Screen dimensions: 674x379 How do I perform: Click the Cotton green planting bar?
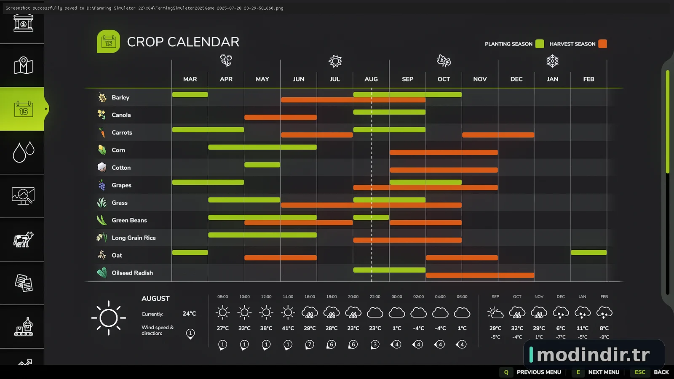[262, 165]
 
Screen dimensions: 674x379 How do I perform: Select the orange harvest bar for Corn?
[444, 152]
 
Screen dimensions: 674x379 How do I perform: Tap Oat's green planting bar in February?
[588, 253]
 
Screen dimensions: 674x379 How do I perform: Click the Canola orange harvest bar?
[281, 117]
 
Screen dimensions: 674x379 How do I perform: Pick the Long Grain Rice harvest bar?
[407, 240]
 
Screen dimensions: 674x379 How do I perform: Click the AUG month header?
[371, 79]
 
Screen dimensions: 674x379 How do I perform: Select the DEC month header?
[516, 79]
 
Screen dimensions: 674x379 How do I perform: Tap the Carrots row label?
[122, 133]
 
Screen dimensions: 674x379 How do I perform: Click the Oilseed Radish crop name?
[132, 273]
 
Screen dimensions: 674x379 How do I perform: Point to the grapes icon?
[102, 185]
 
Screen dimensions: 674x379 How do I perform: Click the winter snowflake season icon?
[552, 61]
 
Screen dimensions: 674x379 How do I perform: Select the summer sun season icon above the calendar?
[335, 61]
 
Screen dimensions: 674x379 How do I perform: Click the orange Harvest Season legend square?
[602, 44]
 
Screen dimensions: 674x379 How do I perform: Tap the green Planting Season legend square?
[540, 44]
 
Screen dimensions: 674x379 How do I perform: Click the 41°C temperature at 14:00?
[288, 328]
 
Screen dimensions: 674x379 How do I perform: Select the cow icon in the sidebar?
[23, 240]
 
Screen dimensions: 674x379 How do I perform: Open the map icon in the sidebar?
[23, 65]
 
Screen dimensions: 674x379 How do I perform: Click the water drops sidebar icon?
[23, 152]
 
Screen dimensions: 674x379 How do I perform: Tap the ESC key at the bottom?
[640, 372]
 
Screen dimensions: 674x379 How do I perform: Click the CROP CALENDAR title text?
[183, 42]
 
